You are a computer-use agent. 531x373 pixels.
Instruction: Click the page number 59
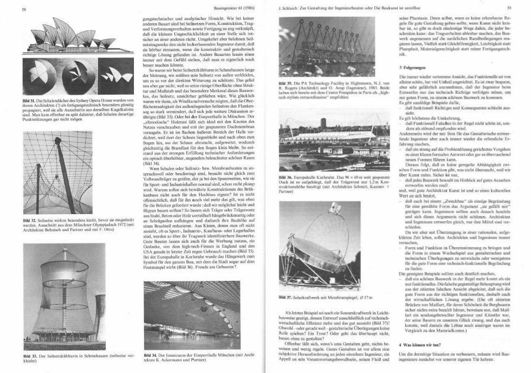coord(508,8)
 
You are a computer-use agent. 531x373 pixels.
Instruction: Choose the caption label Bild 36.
coord(285,176)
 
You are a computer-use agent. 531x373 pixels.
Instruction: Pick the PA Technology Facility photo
coord(330,46)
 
